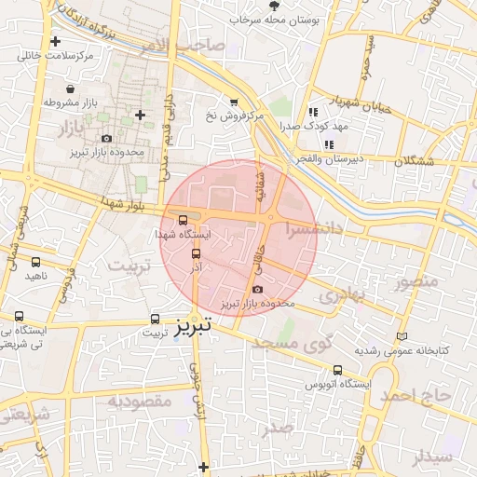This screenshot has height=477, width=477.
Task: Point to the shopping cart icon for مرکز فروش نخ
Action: [234, 102]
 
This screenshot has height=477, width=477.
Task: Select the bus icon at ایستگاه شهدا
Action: [183, 221]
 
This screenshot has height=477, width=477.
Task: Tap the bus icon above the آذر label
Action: [196, 253]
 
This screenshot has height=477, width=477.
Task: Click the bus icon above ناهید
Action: [36, 263]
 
